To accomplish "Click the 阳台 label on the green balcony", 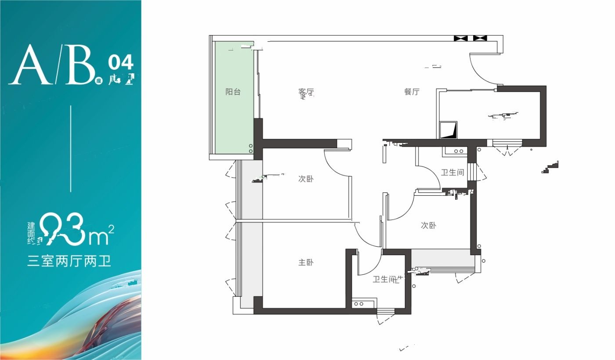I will (x=233, y=92).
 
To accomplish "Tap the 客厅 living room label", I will (x=306, y=93).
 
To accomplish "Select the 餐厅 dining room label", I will (x=412, y=92).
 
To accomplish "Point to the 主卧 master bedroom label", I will (x=306, y=263).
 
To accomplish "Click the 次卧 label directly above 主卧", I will (x=306, y=179).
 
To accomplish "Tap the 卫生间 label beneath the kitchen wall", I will (x=452, y=173).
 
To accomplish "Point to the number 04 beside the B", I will (x=120, y=63).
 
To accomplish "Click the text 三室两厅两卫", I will (x=69, y=262).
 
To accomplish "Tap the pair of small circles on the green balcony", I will (x=251, y=148).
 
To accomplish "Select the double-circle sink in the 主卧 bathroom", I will (x=358, y=304).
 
